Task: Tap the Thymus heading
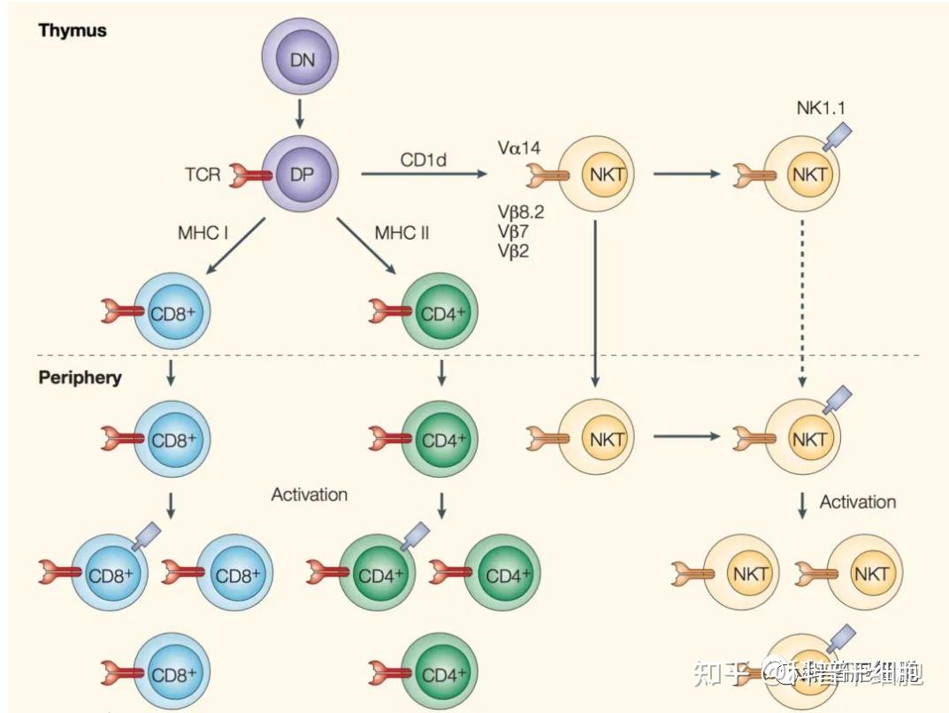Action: (73, 30)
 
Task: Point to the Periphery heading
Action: (80, 378)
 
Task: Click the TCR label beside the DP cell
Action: (203, 174)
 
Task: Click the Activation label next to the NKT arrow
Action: (857, 502)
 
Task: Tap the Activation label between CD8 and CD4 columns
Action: (309, 494)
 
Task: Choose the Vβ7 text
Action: (514, 231)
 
